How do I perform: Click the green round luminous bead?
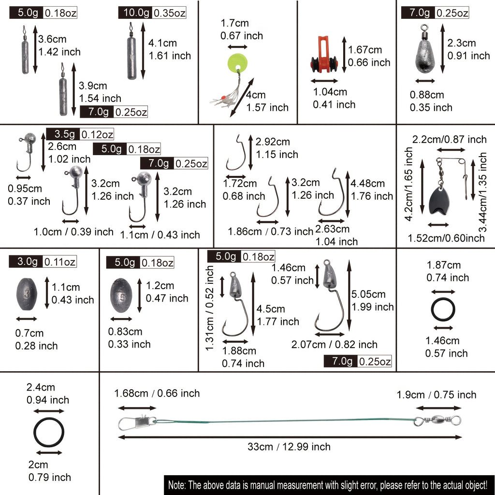[237, 62]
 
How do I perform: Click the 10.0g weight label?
[136, 13]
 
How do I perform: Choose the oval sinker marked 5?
[121, 295]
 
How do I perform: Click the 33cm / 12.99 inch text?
[289, 447]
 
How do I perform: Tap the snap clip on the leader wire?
[137, 422]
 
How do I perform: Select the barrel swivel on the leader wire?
[438, 420]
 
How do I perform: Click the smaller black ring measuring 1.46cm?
[443, 309]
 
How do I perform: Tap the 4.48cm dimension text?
[367, 183]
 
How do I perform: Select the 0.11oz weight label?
[59, 262]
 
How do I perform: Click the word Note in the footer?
[177, 484]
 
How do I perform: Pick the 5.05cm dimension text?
[368, 294]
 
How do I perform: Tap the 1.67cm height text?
[364, 50]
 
